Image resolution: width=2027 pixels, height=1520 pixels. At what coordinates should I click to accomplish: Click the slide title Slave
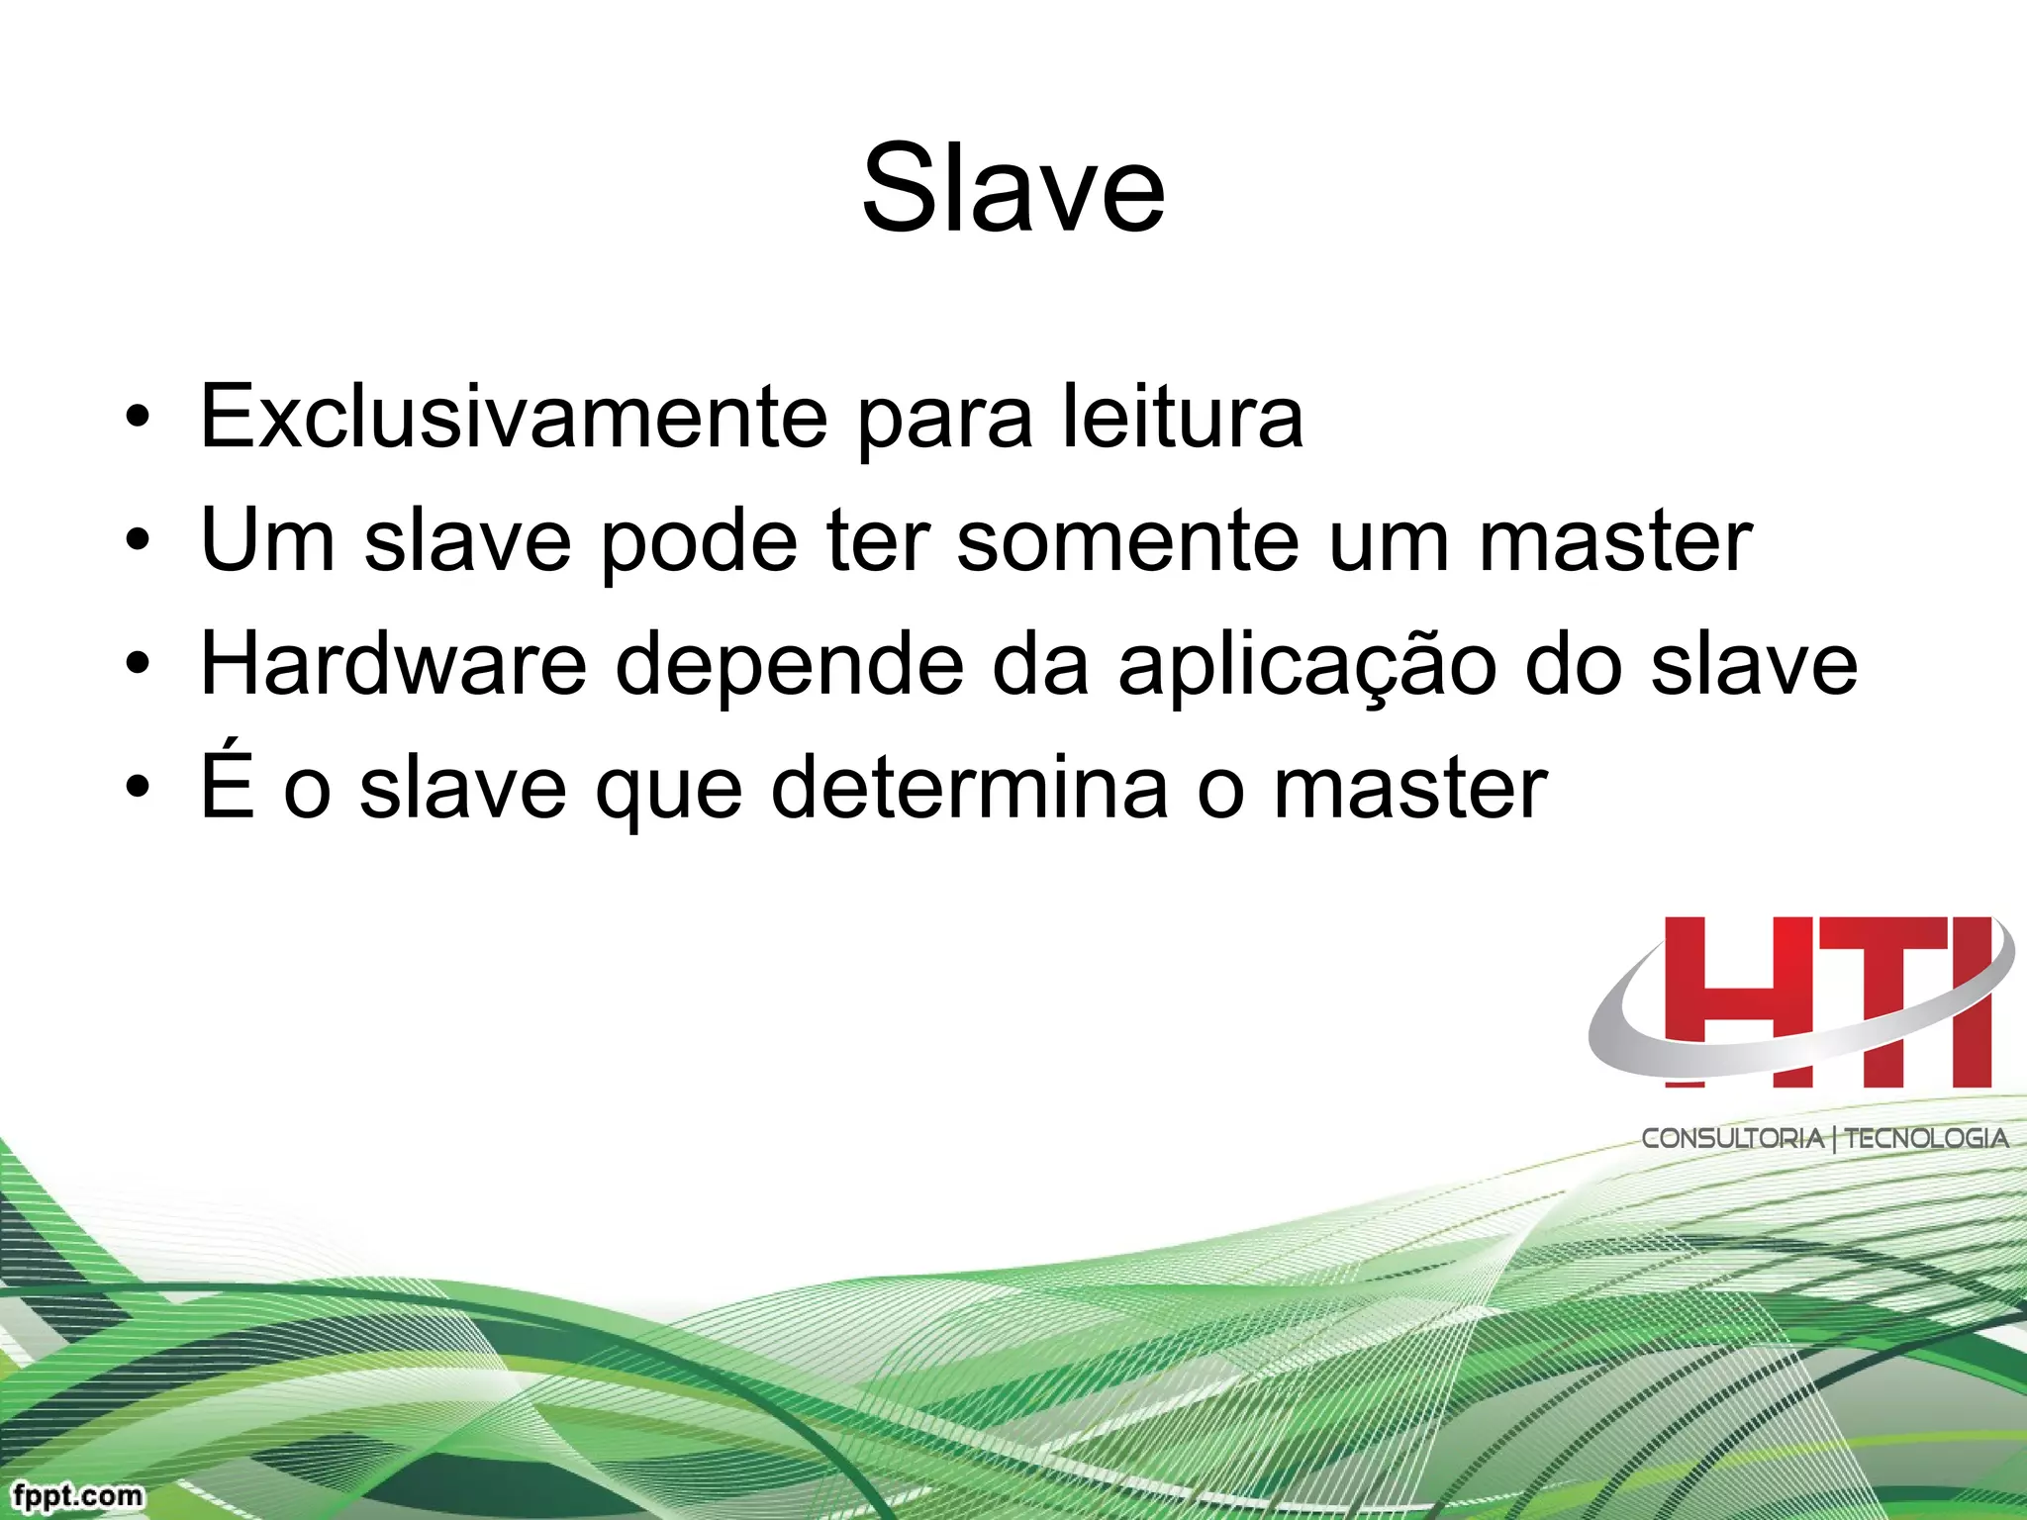pos(1013,188)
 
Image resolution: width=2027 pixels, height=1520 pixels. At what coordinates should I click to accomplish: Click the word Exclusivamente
pos(514,417)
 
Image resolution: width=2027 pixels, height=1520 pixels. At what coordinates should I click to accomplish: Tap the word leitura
pos(1183,417)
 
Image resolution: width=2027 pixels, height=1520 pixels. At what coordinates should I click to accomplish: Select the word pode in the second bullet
pos(699,542)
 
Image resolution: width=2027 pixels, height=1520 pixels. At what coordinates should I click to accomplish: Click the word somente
pos(1127,542)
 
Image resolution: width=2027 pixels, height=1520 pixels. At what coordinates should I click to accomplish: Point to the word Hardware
pos(393,664)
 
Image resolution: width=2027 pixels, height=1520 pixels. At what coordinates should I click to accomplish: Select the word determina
pos(969,789)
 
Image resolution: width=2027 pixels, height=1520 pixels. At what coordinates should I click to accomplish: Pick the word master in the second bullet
pos(1615,542)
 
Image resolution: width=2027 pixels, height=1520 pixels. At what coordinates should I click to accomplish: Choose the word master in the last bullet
pos(1410,789)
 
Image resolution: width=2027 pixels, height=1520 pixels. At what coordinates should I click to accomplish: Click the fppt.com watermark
pos(78,1494)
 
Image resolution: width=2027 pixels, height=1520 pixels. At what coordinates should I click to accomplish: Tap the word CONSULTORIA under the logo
pos(1732,1139)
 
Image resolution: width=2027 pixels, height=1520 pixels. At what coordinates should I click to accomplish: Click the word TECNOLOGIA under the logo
pos(1926,1139)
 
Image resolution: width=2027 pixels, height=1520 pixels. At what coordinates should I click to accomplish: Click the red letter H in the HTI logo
pos(1742,999)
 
